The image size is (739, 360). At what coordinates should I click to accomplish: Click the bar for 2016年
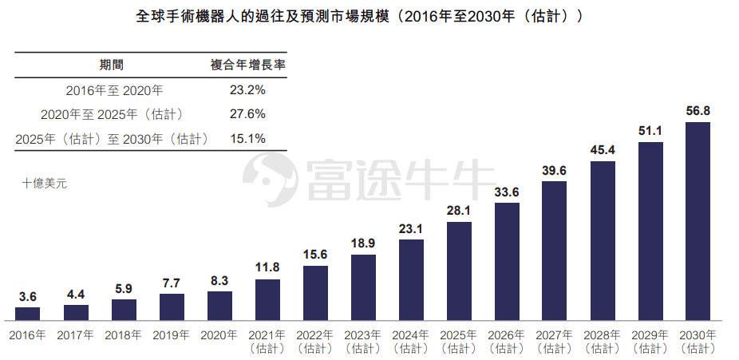tap(28, 313)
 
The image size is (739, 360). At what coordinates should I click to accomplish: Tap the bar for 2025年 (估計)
tap(459, 271)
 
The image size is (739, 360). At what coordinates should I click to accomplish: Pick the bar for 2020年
tap(219, 305)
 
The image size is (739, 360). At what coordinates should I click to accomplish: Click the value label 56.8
tap(698, 111)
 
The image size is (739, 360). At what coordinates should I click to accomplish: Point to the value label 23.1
tap(411, 228)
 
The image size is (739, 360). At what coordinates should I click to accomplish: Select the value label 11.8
tap(267, 267)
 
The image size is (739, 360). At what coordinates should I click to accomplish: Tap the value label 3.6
tap(28, 296)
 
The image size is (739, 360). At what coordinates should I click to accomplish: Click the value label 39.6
tap(555, 170)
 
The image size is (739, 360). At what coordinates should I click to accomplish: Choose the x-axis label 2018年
tap(124, 334)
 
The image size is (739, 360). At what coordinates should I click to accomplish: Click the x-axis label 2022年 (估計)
tap(315, 341)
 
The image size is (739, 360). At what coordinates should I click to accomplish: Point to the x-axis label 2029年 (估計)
tap(650, 341)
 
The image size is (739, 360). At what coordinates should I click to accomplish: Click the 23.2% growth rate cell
tap(247, 90)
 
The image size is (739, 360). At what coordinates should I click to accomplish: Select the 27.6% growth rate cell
tap(247, 114)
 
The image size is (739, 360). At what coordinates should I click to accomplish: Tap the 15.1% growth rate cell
tap(247, 138)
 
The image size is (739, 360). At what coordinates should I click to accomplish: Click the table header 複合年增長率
tap(247, 65)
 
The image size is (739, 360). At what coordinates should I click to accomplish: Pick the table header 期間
tap(111, 65)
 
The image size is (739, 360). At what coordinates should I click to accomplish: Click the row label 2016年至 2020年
tap(115, 90)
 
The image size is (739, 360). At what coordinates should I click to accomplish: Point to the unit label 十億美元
tap(45, 183)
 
